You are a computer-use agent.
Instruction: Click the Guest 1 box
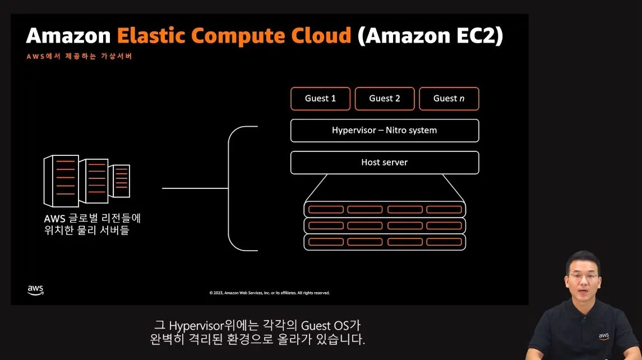pos(320,99)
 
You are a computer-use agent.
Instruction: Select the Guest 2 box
pos(385,99)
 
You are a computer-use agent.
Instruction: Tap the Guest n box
pos(449,99)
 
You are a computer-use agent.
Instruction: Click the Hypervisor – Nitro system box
pos(385,131)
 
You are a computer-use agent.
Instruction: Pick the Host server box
pos(385,163)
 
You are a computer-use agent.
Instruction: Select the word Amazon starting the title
pos(68,36)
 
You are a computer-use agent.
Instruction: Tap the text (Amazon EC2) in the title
pos(431,36)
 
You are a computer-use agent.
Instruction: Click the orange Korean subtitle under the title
pos(79,57)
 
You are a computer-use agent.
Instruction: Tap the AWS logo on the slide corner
pos(35,290)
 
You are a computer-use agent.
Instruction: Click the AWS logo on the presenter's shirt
pos(603,336)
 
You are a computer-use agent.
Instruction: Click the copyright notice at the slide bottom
pos(269,293)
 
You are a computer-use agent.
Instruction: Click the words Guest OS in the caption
pos(326,326)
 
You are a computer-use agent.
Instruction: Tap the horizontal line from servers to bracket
pos(195,188)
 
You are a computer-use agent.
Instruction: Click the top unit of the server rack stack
pos(385,209)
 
